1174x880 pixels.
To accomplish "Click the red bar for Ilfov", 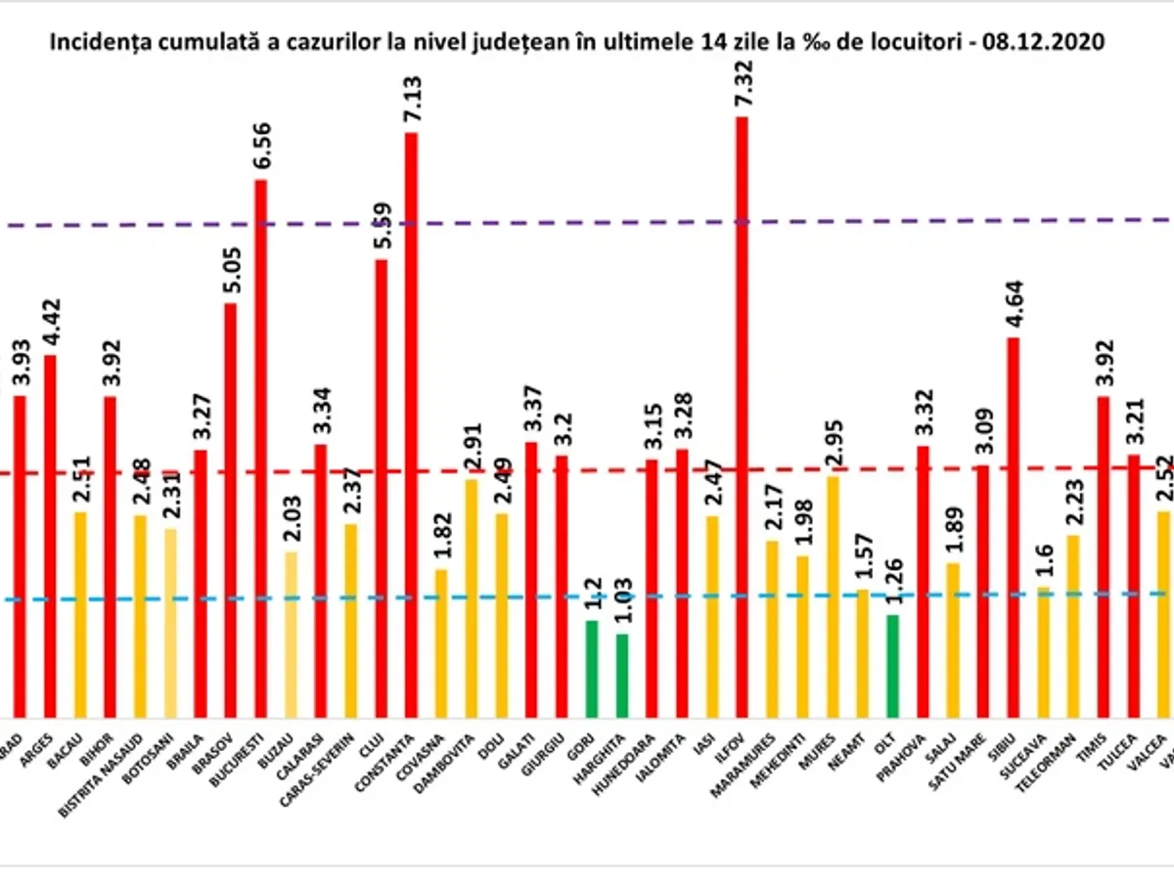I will [742, 420].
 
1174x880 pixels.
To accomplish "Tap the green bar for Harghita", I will [622, 676].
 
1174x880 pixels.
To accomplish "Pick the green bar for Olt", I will [892, 666].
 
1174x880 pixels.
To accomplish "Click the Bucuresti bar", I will [261, 450].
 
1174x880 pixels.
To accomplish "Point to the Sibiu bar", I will [1014, 528].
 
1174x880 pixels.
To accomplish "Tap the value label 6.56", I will [261, 145].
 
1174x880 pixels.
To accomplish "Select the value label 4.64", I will [1014, 302].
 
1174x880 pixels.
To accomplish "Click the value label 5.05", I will [231, 268].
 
